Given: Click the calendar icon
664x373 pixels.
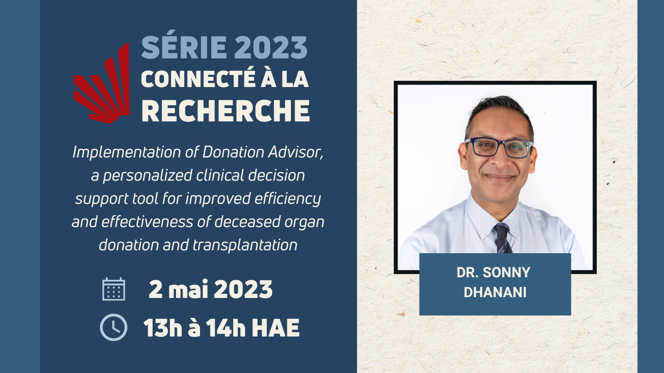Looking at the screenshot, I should pos(114,289).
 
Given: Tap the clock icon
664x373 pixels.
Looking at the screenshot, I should pos(114,327).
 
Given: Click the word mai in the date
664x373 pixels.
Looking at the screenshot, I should pos(188,289).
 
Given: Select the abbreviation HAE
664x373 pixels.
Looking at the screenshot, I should pos(275,328).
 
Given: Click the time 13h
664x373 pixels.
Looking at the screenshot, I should pos(163,328).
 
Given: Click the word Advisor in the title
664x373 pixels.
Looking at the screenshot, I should pos(295,152).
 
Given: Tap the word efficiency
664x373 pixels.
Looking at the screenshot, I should pos(288,199).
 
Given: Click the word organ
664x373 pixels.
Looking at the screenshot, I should pos(308,222).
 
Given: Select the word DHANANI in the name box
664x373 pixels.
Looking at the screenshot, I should pos(495,292).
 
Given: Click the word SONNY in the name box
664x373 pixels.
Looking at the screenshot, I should pos(506,272).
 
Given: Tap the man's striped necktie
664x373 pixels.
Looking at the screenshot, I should pos(502,239).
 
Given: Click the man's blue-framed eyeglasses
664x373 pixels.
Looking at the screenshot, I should pos(499,147).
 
